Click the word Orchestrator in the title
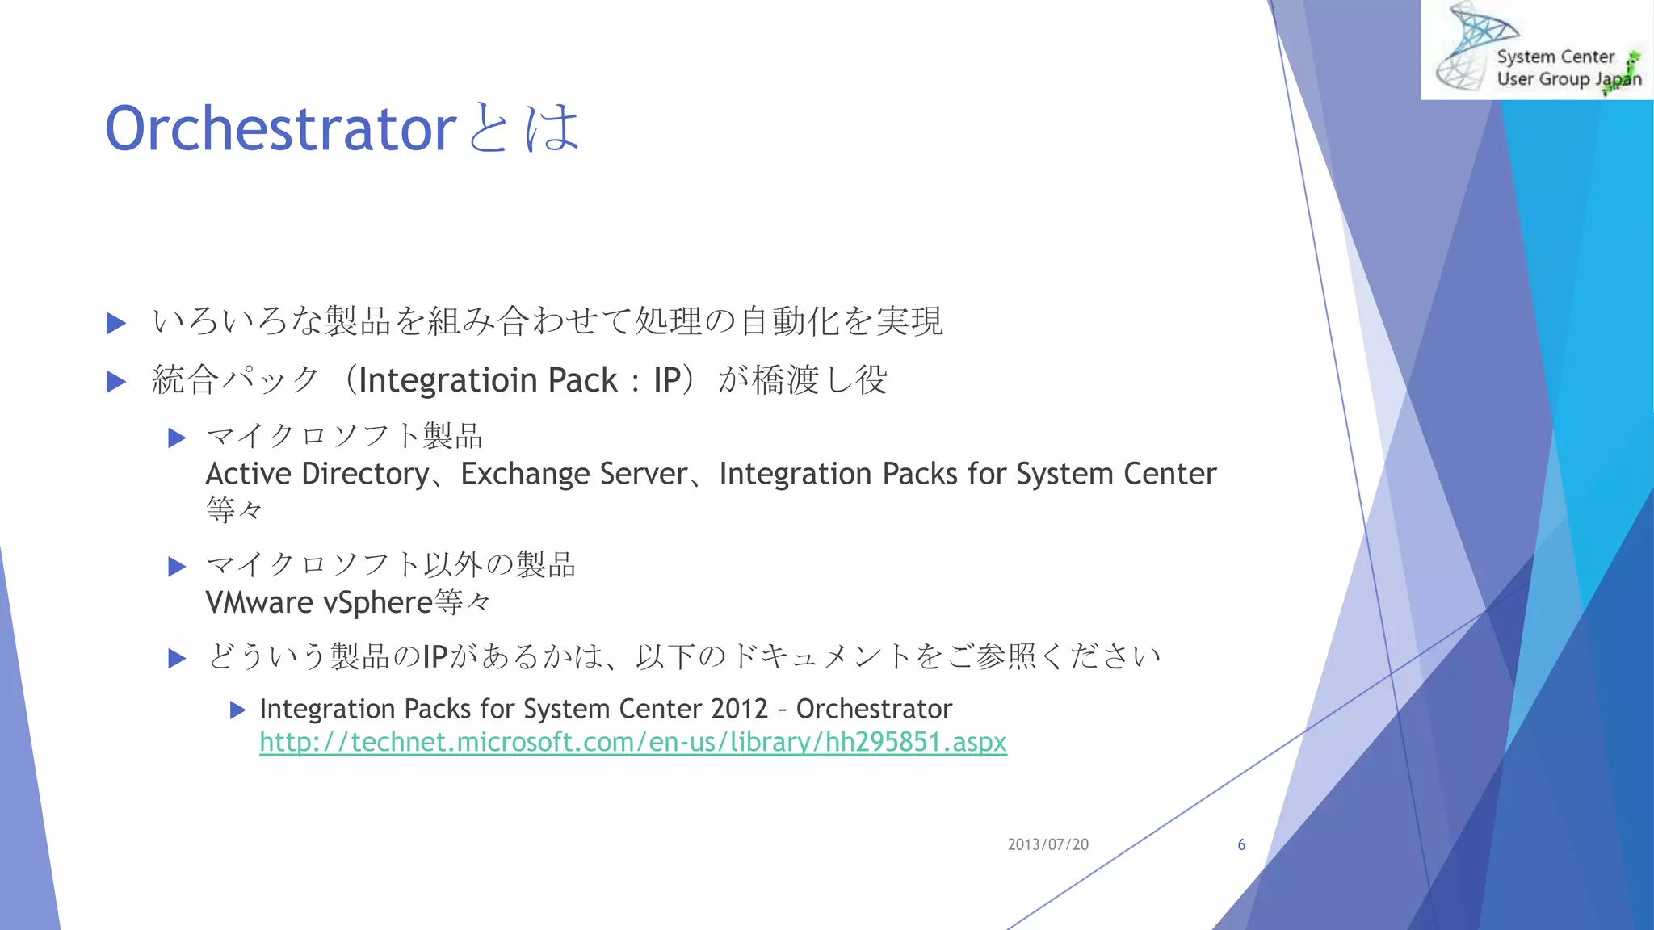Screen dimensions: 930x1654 coord(280,129)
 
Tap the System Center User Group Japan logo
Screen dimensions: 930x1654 coord(1537,50)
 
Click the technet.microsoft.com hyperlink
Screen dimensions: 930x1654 coord(632,742)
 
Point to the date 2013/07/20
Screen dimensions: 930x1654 coord(1047,844)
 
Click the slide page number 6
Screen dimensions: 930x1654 coord(1241,844)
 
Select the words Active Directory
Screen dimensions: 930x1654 coord(317,474)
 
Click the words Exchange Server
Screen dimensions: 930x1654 coord(574,474)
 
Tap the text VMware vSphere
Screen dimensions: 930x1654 coord(319,603)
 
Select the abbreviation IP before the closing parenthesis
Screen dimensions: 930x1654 coord(667,380)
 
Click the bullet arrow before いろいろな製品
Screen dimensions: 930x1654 coord(116,324)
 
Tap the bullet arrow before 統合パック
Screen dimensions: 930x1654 coord(116,382)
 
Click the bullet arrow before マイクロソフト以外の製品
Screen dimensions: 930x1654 coord(177,567)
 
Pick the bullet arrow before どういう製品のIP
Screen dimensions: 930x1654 coord(177,659)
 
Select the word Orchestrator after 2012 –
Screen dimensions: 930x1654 coord(874,709)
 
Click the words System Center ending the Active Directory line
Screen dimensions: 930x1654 coord(1115,474)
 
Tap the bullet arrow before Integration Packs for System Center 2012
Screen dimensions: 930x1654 coord(237,710)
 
